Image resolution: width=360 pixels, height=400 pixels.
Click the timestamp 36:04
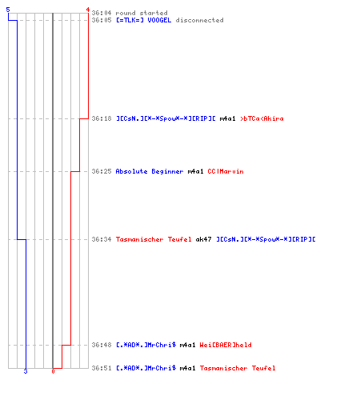click(x=102, y=13)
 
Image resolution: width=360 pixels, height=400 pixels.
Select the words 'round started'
click(x=142, y=13)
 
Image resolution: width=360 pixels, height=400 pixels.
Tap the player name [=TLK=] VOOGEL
click(x=143, y=20)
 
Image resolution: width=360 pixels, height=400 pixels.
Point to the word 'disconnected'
click(x=199, y=20)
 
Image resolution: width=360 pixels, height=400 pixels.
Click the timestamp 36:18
click(x=102, y=118)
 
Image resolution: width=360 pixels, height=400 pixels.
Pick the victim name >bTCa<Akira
click(x=262, y=118)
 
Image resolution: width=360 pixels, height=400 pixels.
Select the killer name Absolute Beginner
click(x=150, y=171)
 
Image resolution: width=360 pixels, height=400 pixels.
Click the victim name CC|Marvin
click(x=226, y=171)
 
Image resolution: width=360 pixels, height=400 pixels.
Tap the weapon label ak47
click(x=203, y=239)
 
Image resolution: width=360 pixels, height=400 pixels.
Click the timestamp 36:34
click(x=102, y=239)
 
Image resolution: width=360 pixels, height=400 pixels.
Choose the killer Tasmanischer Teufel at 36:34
click(x=154, y=239)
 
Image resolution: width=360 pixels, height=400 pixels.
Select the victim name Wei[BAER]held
click(x=226, y=345)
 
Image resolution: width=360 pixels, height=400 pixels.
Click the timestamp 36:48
click(x=102, y=345)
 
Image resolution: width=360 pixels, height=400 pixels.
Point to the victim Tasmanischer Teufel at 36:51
click(x=238, y=368)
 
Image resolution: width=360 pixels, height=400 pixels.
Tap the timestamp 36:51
click(x=102, y=368)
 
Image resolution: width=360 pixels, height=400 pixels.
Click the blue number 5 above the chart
click(x=8, y=10)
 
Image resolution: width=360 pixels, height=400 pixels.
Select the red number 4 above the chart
click(x=88, y=10)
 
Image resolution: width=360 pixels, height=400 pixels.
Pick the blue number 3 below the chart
click(x=26, y=371)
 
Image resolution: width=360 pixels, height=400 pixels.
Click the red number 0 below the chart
click(x=53, y=371)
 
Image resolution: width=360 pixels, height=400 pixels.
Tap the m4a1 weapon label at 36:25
click(x=195, y=171)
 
